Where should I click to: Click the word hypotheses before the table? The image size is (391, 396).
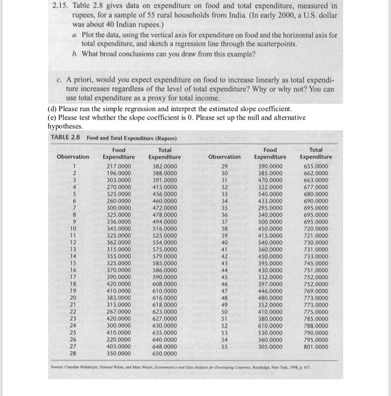65,127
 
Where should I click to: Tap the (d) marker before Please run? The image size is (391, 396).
53,109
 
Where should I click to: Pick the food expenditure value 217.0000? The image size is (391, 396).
119,166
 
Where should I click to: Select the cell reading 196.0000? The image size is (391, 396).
119,173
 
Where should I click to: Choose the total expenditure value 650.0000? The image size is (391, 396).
164,354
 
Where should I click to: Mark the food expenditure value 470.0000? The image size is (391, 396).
270,180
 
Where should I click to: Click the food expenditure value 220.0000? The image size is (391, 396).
119,340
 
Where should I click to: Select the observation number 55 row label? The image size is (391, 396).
225,347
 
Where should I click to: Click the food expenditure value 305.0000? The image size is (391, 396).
270,347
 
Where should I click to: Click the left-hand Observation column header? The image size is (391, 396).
73,157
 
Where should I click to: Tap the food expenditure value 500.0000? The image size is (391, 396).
270,222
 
